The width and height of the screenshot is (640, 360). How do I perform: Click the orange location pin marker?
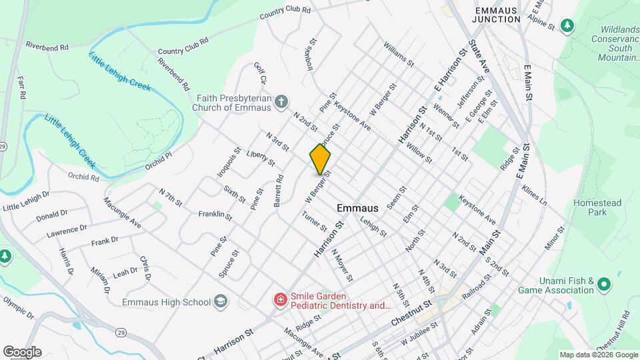click(x=320, y=159)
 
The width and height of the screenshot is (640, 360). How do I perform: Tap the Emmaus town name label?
click(x=357, y=208)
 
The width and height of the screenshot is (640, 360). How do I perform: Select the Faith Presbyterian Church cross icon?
click(x=282, y=102)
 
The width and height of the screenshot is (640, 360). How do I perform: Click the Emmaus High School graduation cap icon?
click(x=221, y=302)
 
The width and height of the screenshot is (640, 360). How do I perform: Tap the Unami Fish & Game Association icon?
click(x=605, y=285)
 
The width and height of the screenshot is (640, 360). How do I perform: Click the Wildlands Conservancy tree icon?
click(x=567, y=25)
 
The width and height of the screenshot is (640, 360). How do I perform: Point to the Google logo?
click(x=22, y=352)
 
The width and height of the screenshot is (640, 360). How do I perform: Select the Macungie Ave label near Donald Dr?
click(x=122, y=211)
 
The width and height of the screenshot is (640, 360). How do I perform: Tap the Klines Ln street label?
click(x=534, y=195)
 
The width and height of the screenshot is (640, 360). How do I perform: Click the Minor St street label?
click(x=554, y=239)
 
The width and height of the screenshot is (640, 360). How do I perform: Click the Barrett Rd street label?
click(x=279, y=191)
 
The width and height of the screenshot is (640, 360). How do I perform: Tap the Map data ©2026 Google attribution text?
click(x=599, y=355)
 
